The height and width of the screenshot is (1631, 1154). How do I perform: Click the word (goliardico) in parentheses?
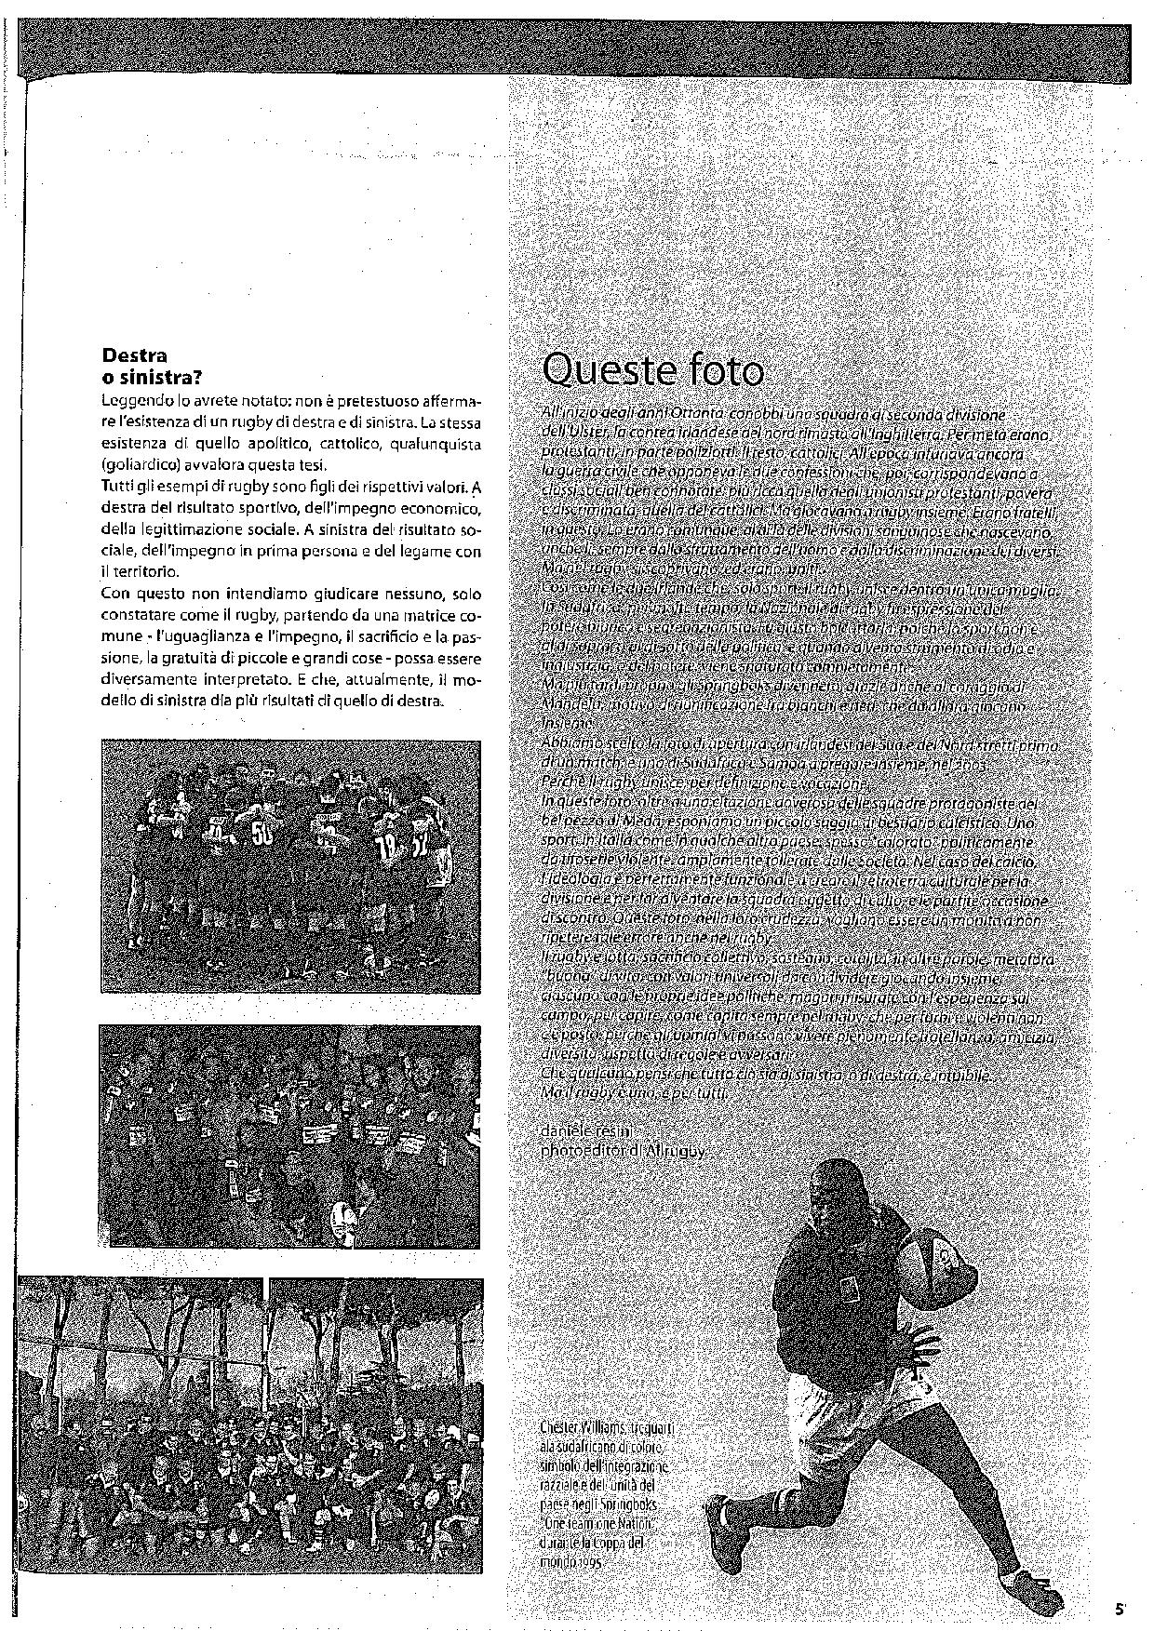click(x=138, y=464)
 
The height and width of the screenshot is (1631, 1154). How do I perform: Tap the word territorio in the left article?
click(x=148, y=571)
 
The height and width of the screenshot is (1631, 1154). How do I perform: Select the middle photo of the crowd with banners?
click(x=290, y=1136)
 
